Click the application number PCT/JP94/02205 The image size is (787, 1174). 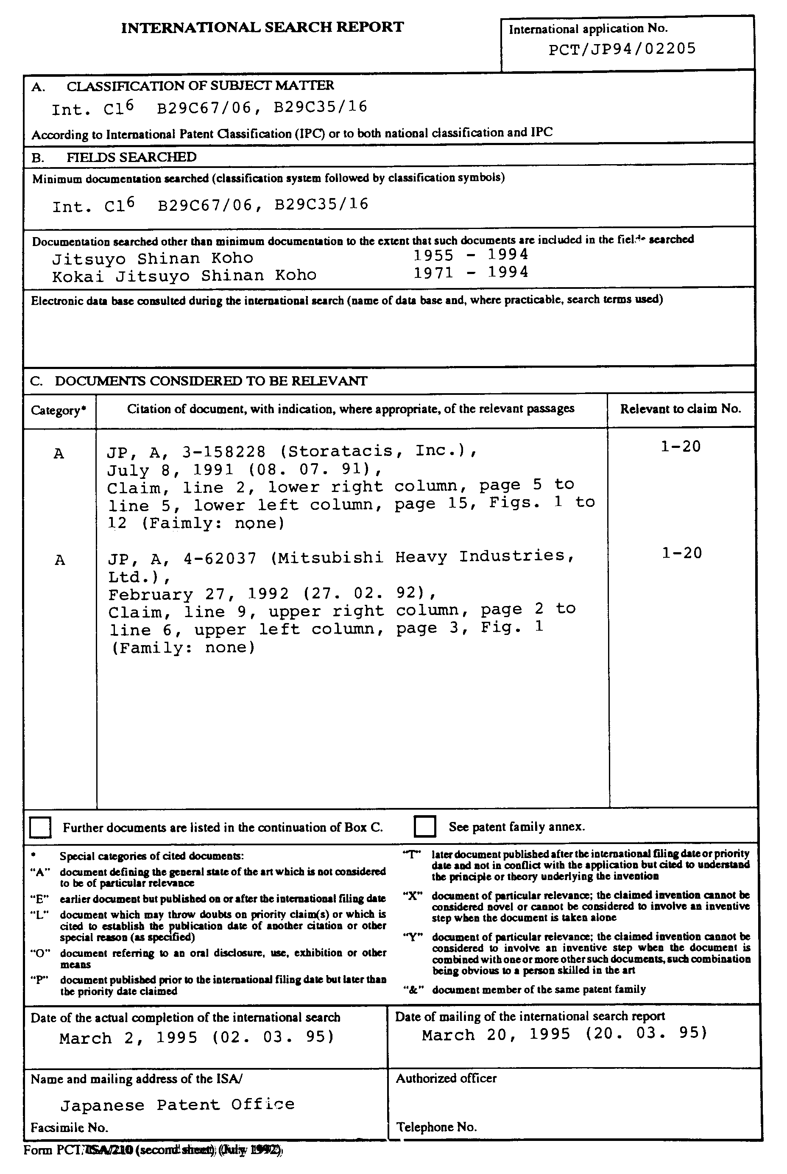click(x=622, y=49)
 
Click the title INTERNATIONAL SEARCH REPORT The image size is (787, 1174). click(x=262, y=27)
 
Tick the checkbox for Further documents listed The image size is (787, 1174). click(x=41, y=827)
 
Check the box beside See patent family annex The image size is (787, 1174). click(x=424, y=827)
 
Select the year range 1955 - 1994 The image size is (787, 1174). click(x=470, y=255)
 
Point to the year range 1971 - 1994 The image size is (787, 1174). click(x=470, y=273)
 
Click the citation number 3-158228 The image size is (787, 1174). click(x=224, y=452)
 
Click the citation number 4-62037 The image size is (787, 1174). click(x=220, y=558)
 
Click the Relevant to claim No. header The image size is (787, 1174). click(x=680, y=408)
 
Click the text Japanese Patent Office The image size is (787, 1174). click(x=177, y=1105)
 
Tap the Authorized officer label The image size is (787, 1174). click(x=446, y=1079)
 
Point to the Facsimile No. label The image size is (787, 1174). click(x=69, y=1128)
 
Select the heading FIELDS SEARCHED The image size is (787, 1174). click(x=131, y=157)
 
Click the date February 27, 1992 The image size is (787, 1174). click(x=199, y=594)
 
